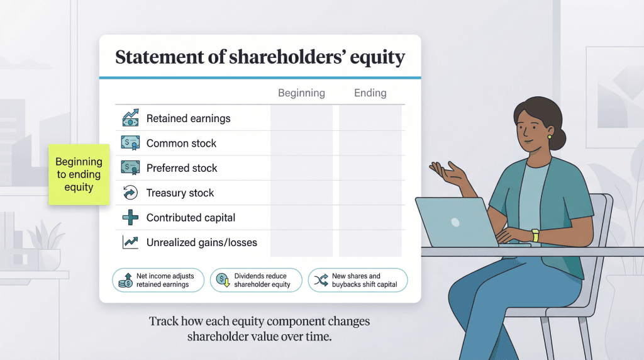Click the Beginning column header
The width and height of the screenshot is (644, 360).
(x=301, y=93)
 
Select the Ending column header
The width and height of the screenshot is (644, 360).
(x=370, y=93)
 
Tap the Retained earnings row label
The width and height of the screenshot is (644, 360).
(x=188, y=118)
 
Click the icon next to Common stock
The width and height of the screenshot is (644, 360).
(x=130, y=143)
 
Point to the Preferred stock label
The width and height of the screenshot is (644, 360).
(x=182, y=168)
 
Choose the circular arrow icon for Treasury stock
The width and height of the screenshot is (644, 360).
(x=130, y=193)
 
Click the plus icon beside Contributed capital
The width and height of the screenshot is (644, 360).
(x=130, y=218)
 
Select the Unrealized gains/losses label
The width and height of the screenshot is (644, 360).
(x=201, y=242)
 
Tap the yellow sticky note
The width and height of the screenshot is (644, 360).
(x=79, y=175)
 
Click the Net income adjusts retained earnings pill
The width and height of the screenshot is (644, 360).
(x=158, y=280)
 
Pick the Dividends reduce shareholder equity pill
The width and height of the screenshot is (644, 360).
(x=256, y=280)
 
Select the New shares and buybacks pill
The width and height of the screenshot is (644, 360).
(x=357, y=280)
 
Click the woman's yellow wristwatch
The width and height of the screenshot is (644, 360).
(x=535, y=235)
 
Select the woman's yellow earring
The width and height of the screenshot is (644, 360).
(x=549, y=136)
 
